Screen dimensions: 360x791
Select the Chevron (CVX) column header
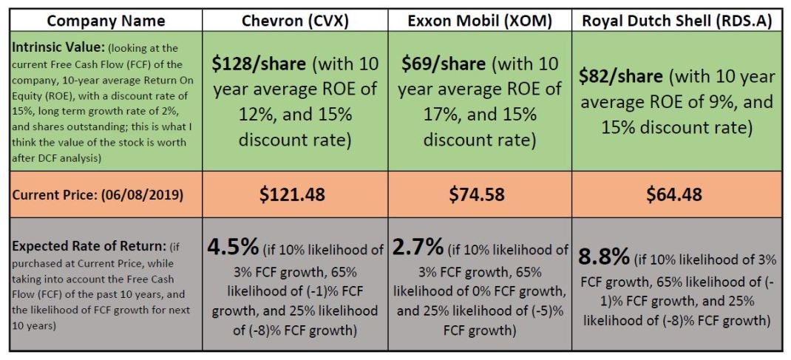pyautogui.click(x=296, y=21)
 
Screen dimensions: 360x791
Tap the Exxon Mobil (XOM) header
pyautogui.click(x=480, y=21)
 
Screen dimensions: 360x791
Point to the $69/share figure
pyautogui.click(x=444, y=64)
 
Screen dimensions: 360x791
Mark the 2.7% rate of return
pyautogui.click(x=419, y=246)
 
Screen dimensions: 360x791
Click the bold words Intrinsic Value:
pyautogui.click(x=50, y=47)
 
